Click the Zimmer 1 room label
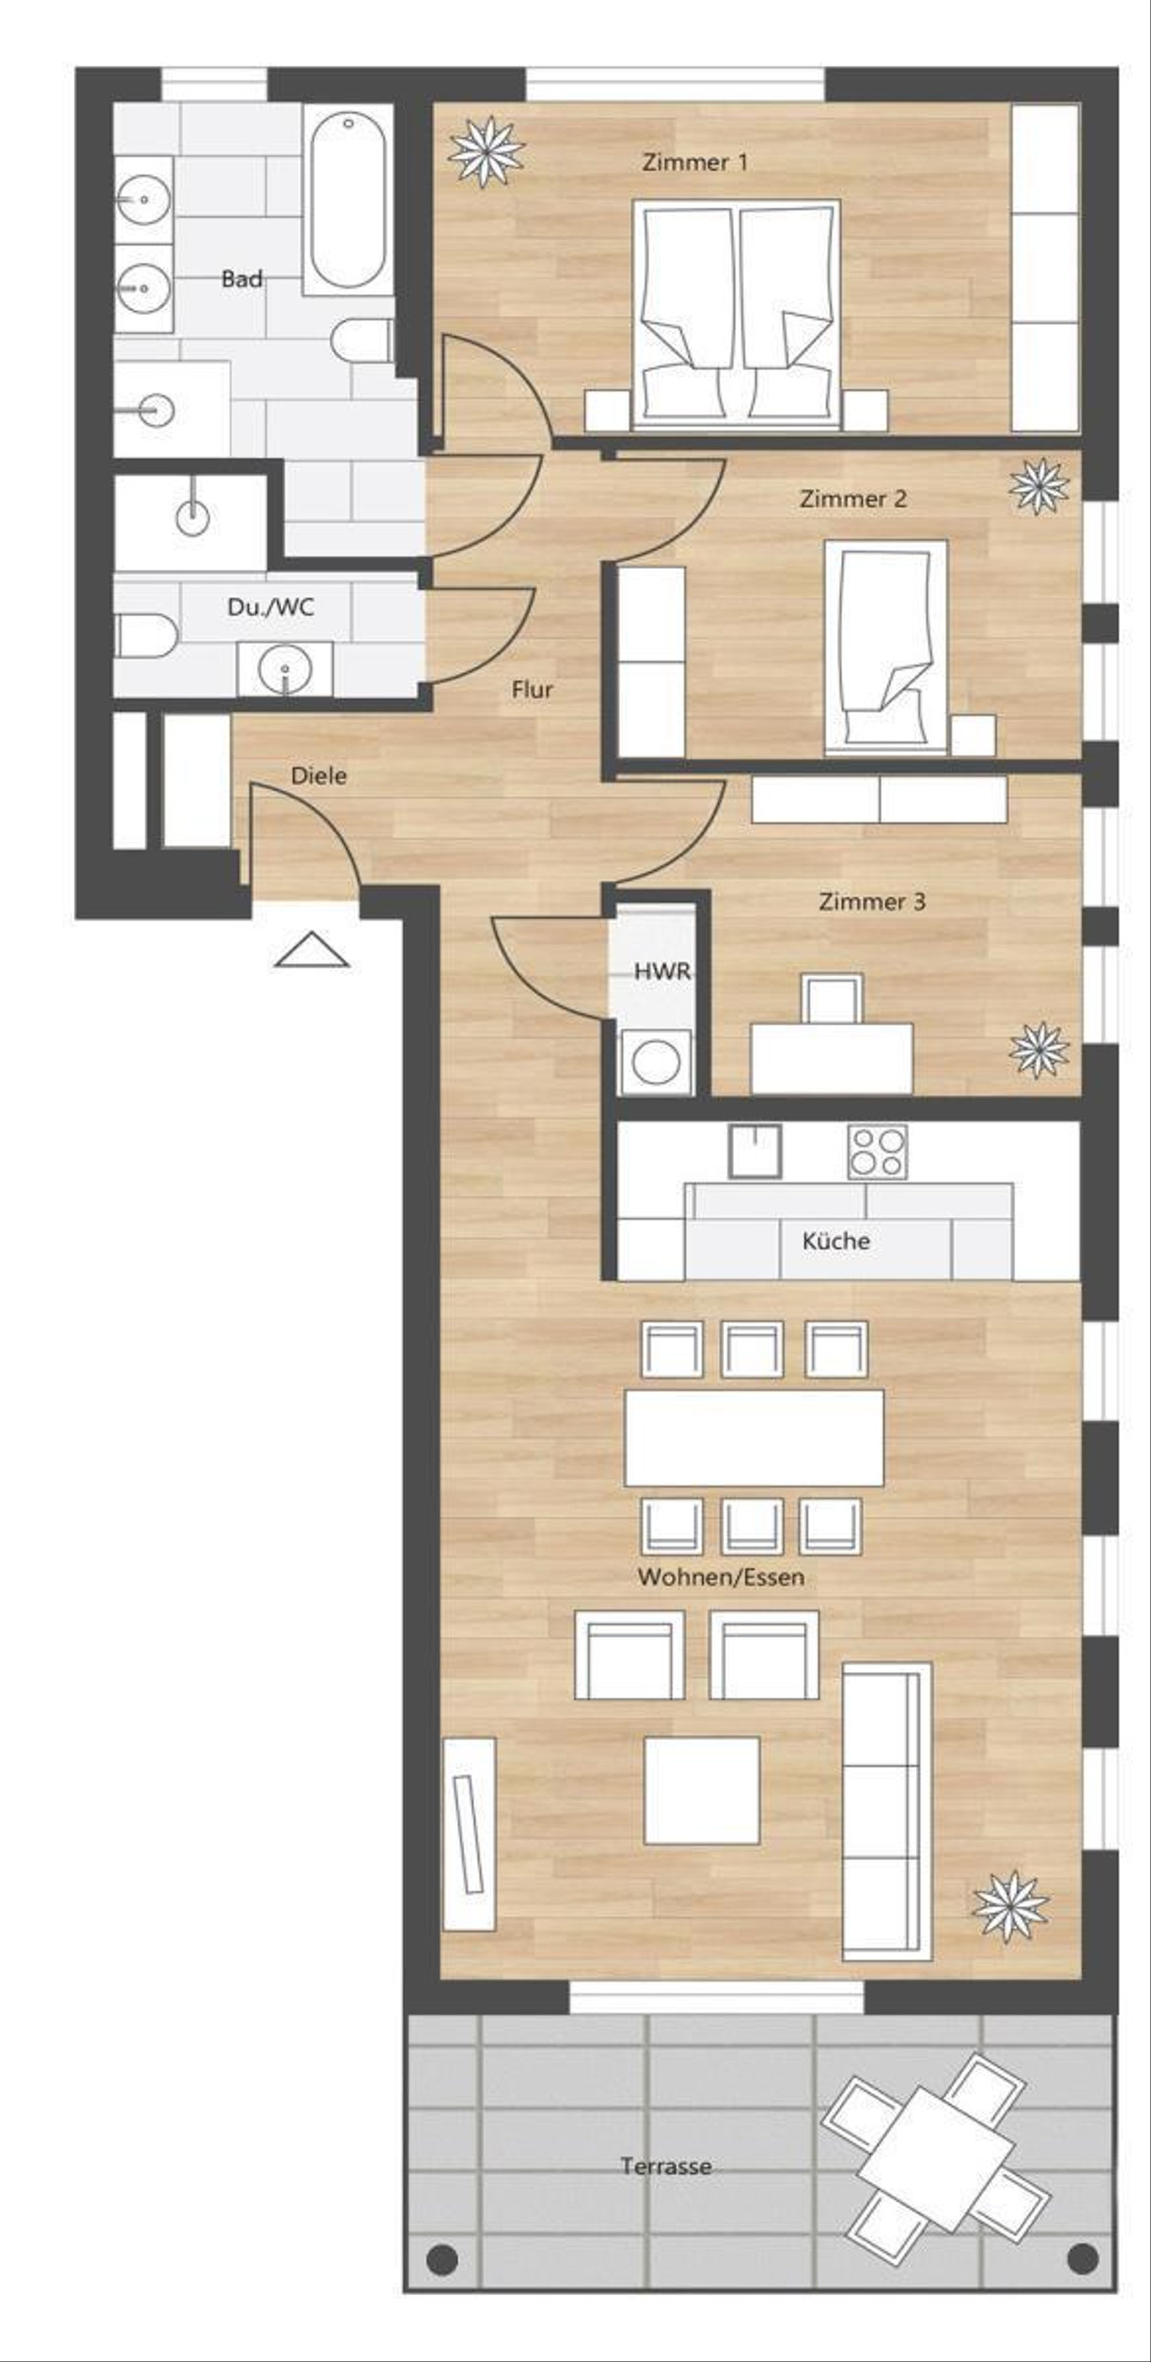pos(694,162)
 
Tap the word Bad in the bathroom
pos(242,279)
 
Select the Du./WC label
pos(270,607)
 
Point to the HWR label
pos(662,971)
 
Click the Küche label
pos(836,1240)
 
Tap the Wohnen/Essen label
pos(721,1577)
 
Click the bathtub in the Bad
pos(347,200)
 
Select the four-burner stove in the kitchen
pos(877,1151)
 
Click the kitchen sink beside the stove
pos(755,1151)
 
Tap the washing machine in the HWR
pos(657,1062)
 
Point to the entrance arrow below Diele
pos(312,949)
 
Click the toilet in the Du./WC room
pos(146,635)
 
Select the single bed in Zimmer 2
pos(887,647)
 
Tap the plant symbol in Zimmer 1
pos(488,151)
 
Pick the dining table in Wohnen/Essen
pos(754,1438)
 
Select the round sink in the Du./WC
pos(285,668)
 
